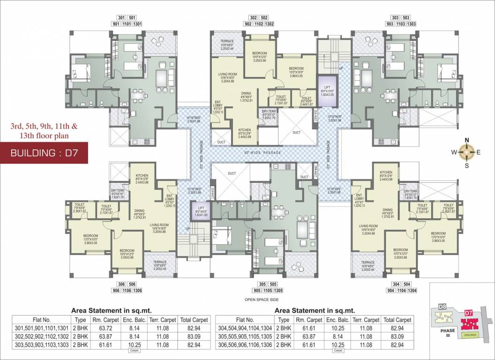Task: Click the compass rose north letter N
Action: point(466,140)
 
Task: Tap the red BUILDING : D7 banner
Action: point(44,153)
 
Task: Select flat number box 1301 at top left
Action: point(137,24)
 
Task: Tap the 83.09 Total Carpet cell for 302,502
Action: point(193,337)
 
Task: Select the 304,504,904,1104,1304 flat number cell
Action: point(246,328)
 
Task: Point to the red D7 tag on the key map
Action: point(467,312)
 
